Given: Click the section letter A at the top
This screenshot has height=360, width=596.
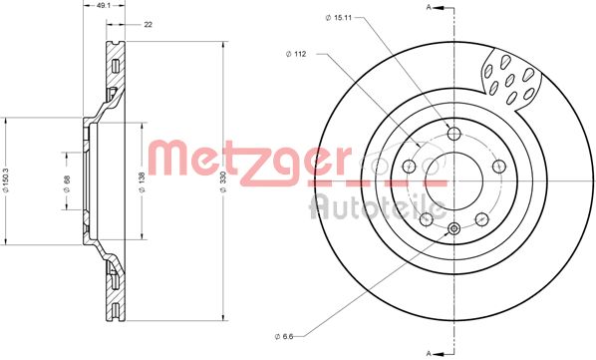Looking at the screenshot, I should click(x=429, y=7).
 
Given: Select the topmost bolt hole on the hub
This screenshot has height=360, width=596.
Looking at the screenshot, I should click(x=454, y=136).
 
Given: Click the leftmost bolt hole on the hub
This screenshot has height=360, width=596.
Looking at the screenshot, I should click(x=411, y=167).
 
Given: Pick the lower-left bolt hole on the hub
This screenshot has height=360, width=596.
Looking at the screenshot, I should click(x=427, y=218).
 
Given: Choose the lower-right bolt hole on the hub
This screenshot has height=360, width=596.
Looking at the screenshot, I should click(x=481, y=218).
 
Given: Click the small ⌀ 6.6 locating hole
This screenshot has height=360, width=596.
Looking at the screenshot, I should click(x=454, y=228).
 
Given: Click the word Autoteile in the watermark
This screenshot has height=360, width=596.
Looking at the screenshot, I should click(x=378, y=206).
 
